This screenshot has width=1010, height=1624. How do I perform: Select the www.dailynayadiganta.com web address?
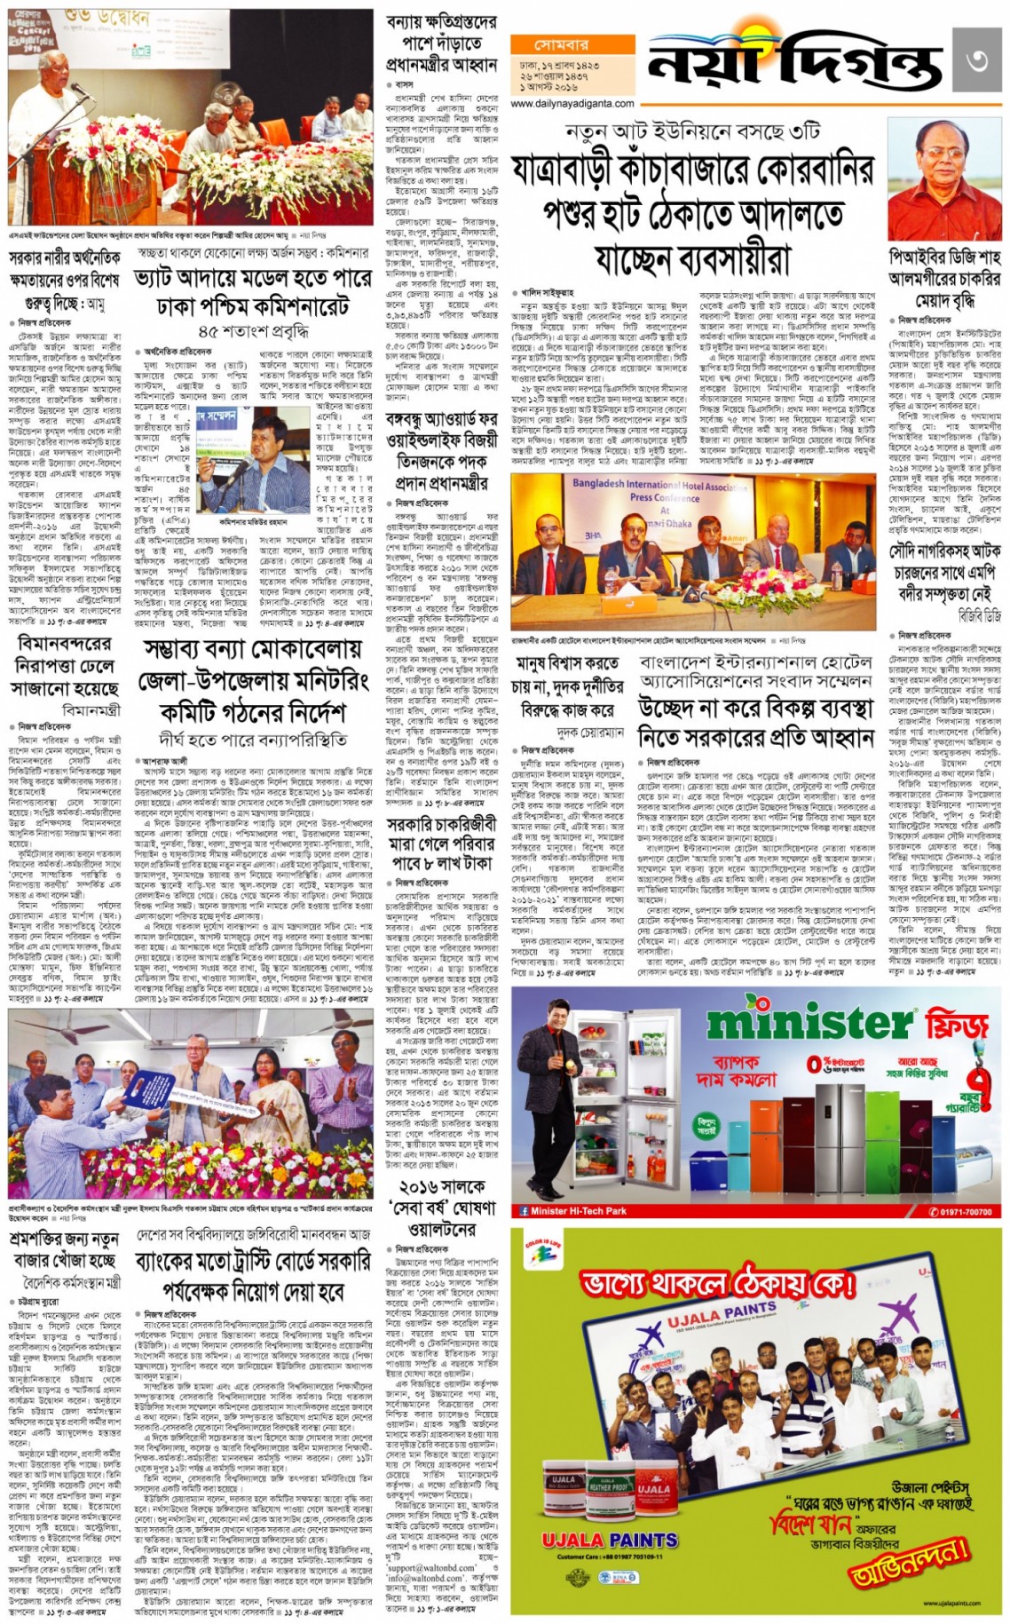(x=572, y=104)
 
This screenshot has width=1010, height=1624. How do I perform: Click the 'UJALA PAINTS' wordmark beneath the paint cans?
(x=609, y=1540)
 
